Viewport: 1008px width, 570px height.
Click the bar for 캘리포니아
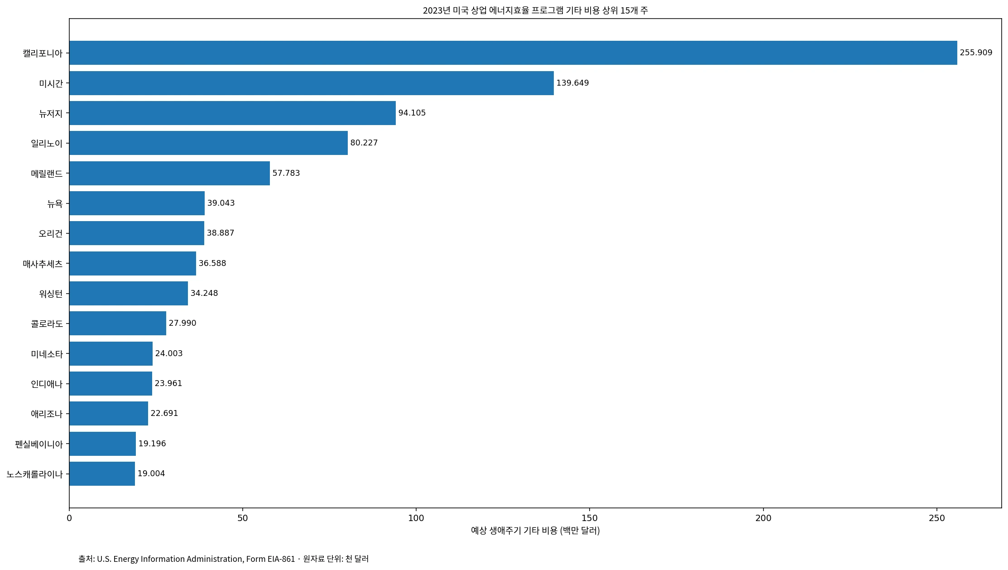[513, 53]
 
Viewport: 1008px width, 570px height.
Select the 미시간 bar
[312, 83]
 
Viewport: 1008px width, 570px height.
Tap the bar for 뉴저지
[232, 113]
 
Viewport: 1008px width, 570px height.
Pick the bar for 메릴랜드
[169, 173]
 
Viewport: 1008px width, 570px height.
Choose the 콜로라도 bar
[118, 323]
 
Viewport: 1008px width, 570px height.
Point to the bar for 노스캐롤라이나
[102, 473]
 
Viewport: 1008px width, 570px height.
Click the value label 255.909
[976, 53]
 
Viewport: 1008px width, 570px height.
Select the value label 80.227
[364, 143]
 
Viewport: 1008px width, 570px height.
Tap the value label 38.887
[221, 233]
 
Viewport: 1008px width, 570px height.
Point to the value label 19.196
[152, 444]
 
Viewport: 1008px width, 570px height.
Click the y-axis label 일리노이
[47, 143]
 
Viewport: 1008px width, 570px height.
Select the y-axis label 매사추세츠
[43, 264]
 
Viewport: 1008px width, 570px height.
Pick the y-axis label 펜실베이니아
[39, 444]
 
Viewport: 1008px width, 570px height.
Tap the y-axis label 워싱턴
[51, 294]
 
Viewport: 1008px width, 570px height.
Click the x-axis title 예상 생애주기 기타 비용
[514, 530]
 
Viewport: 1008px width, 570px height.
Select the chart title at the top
[535, 10]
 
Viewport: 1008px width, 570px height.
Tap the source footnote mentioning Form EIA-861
[224, 559]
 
